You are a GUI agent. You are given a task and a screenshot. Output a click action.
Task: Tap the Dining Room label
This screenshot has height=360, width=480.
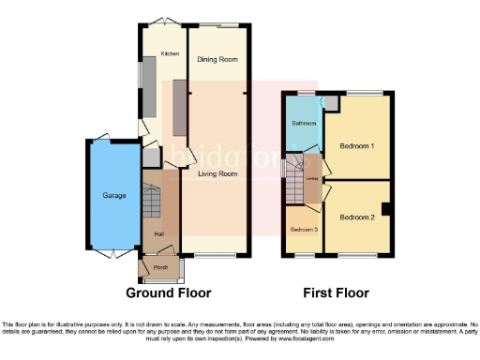tap(217, 59)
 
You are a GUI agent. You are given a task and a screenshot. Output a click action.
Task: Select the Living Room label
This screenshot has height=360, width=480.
tap(217, 173)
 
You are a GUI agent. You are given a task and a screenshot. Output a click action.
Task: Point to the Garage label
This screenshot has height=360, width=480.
tap(115, 195)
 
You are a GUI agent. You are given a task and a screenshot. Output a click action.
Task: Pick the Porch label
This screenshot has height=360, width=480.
tap(160, 267)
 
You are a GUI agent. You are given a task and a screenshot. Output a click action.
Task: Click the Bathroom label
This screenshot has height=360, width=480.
tap(303, 124)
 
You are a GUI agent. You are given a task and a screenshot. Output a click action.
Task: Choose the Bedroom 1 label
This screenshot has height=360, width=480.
tap(357, 147)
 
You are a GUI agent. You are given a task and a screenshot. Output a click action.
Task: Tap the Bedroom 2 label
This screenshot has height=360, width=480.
tap(357, 217)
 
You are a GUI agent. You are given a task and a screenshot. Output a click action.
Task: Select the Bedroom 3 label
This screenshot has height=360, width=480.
tap(303, 230)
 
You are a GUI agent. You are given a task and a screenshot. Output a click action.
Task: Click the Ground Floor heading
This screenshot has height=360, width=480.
tap(169, 292)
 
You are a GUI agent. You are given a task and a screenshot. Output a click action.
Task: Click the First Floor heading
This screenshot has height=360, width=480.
tap(337, 292)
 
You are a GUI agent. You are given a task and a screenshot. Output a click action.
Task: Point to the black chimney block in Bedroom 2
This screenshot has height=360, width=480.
tap(386, 206)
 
